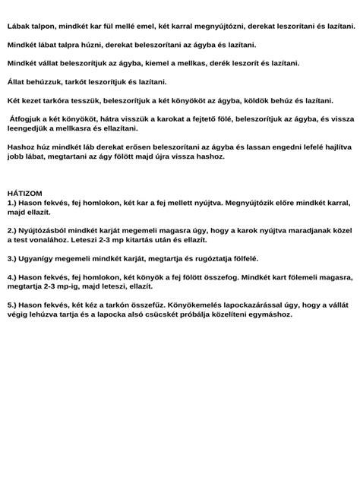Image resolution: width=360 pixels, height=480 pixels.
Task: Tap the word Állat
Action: [17, 81]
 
